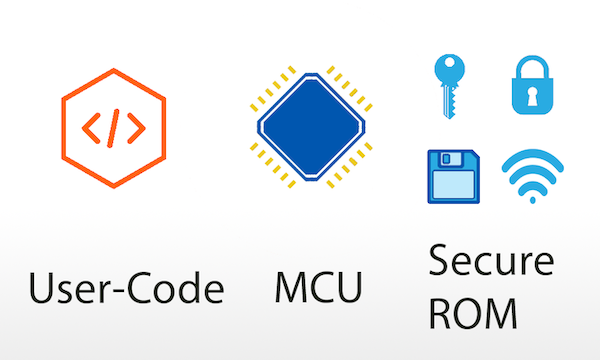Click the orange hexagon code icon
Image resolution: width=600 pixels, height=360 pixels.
113,127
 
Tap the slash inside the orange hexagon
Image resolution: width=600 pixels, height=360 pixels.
113,127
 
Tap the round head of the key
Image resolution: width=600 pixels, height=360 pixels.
445,70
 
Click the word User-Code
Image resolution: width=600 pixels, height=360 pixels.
126,291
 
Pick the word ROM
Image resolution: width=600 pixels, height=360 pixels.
473,314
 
